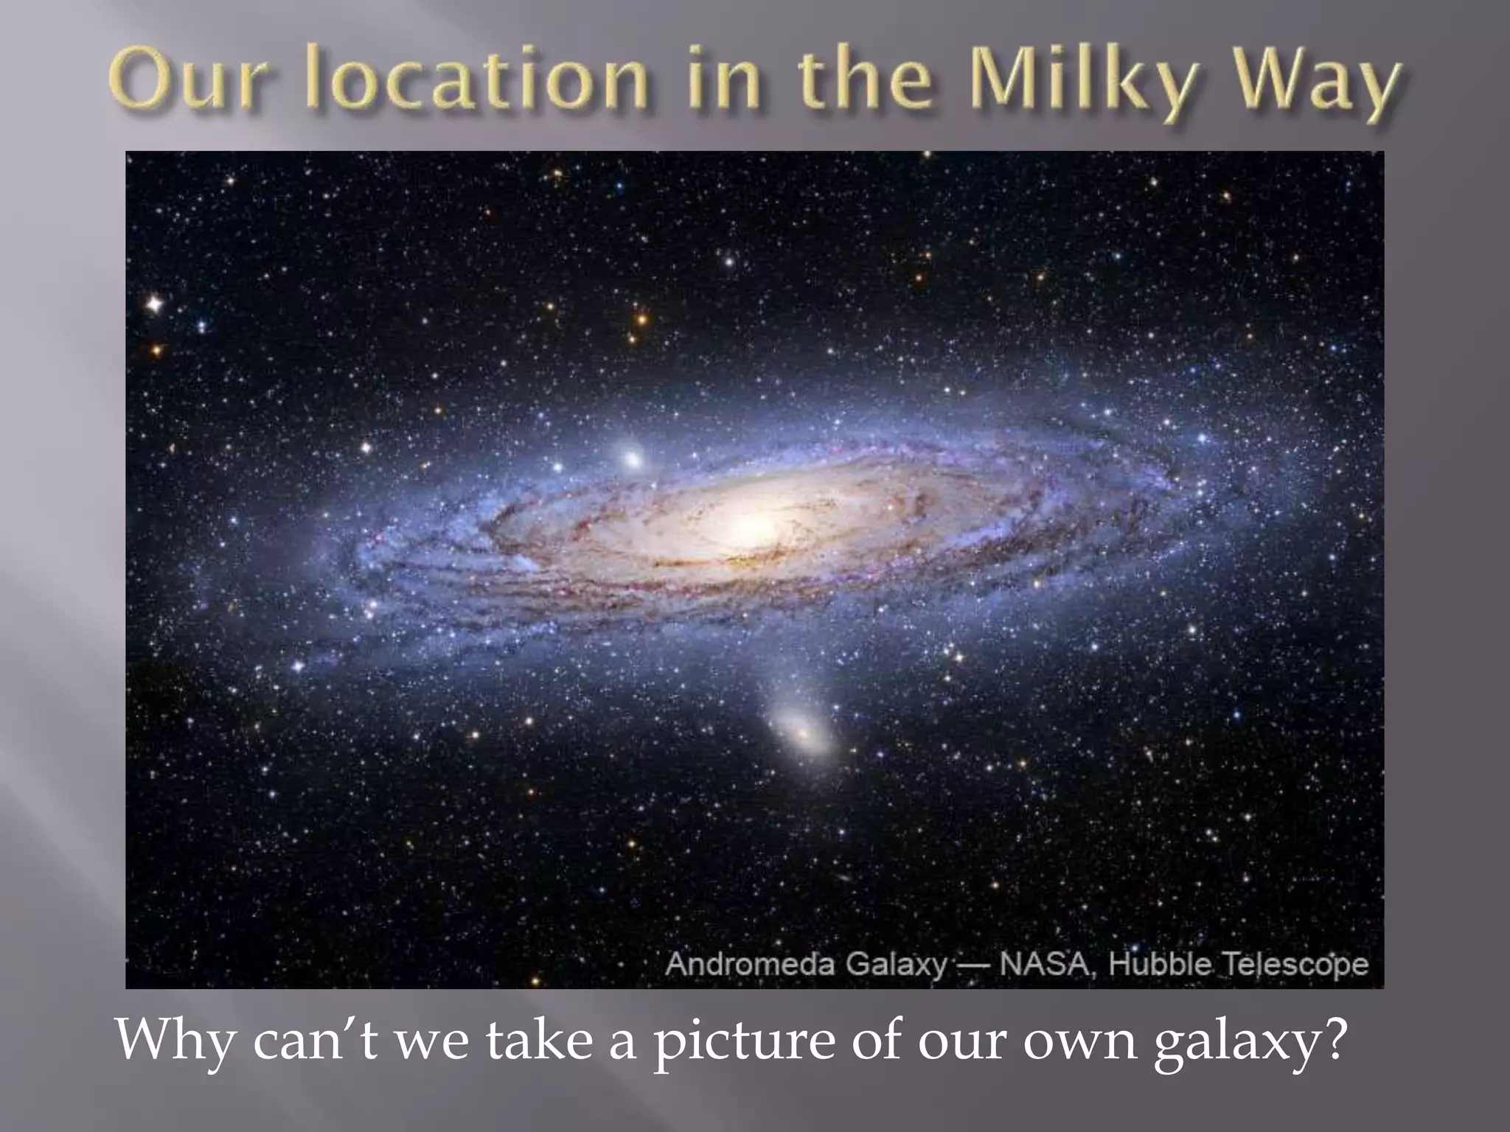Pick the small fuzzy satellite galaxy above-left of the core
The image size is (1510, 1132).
[x=632, y=458]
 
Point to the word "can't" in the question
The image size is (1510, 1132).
[x=314, y=1041]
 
